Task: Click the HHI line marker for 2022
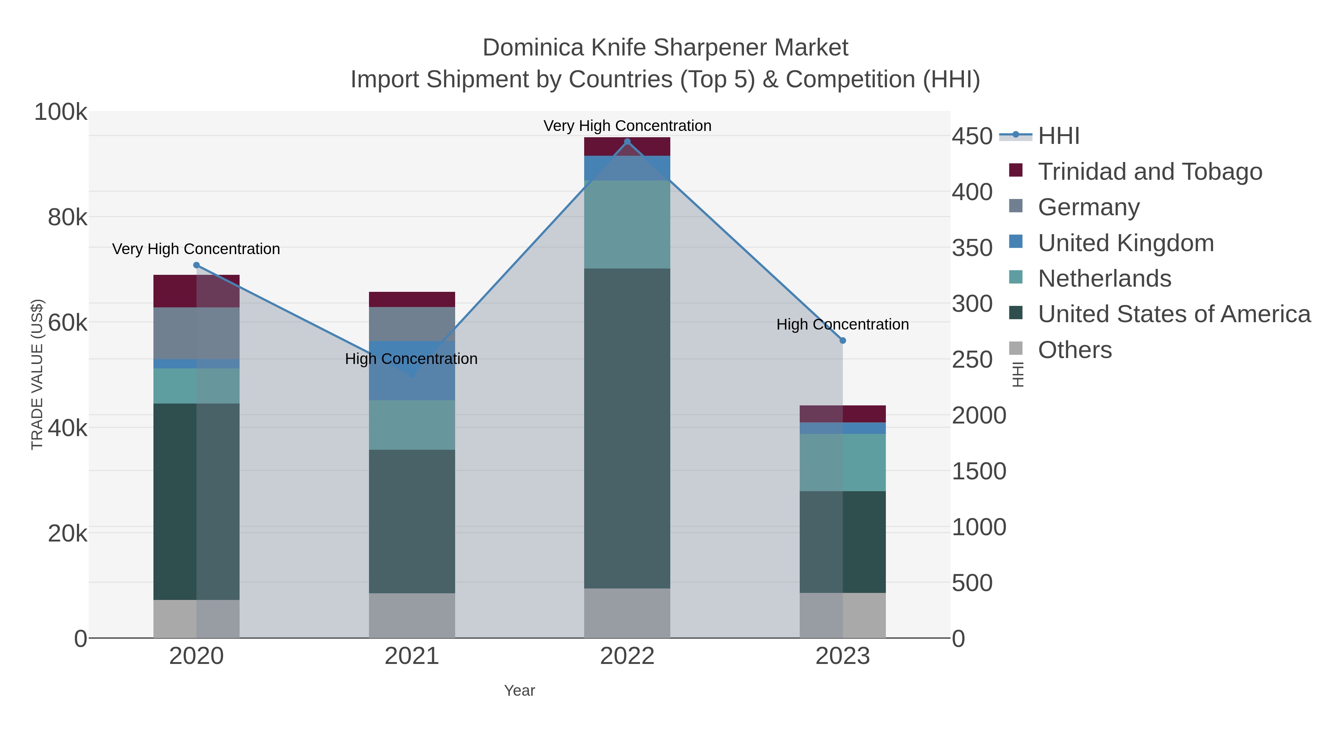(x=627, y=141)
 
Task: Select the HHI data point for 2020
(x=196, y=265)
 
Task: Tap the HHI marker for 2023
(x=843, y=341)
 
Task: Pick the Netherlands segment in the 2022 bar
(x=627, y=225)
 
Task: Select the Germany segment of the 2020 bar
(x=196, y=333)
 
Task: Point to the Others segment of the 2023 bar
(x=843, y=615)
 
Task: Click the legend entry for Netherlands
(x=1104, y=279)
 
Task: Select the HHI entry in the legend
(x=1058, y=136)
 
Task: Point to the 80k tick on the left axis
(x=67, y=217)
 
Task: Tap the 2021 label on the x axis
(x=412, y=657)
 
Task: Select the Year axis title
(x=519, y=691)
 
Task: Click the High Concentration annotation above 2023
(x=842, y=325)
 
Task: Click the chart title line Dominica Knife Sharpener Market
(x=665, y=48)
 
